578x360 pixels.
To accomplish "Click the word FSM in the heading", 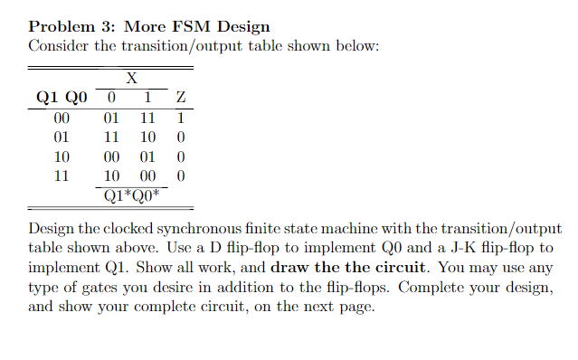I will [183, 26].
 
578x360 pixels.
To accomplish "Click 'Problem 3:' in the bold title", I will [64, 26].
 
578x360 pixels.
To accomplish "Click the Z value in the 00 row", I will [182, 118].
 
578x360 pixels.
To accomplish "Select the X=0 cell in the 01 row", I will [111, 137].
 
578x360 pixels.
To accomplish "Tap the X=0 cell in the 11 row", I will [111, 175].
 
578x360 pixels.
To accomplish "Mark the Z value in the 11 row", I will [182, 175].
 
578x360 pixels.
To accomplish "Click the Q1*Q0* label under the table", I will [132, 194].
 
